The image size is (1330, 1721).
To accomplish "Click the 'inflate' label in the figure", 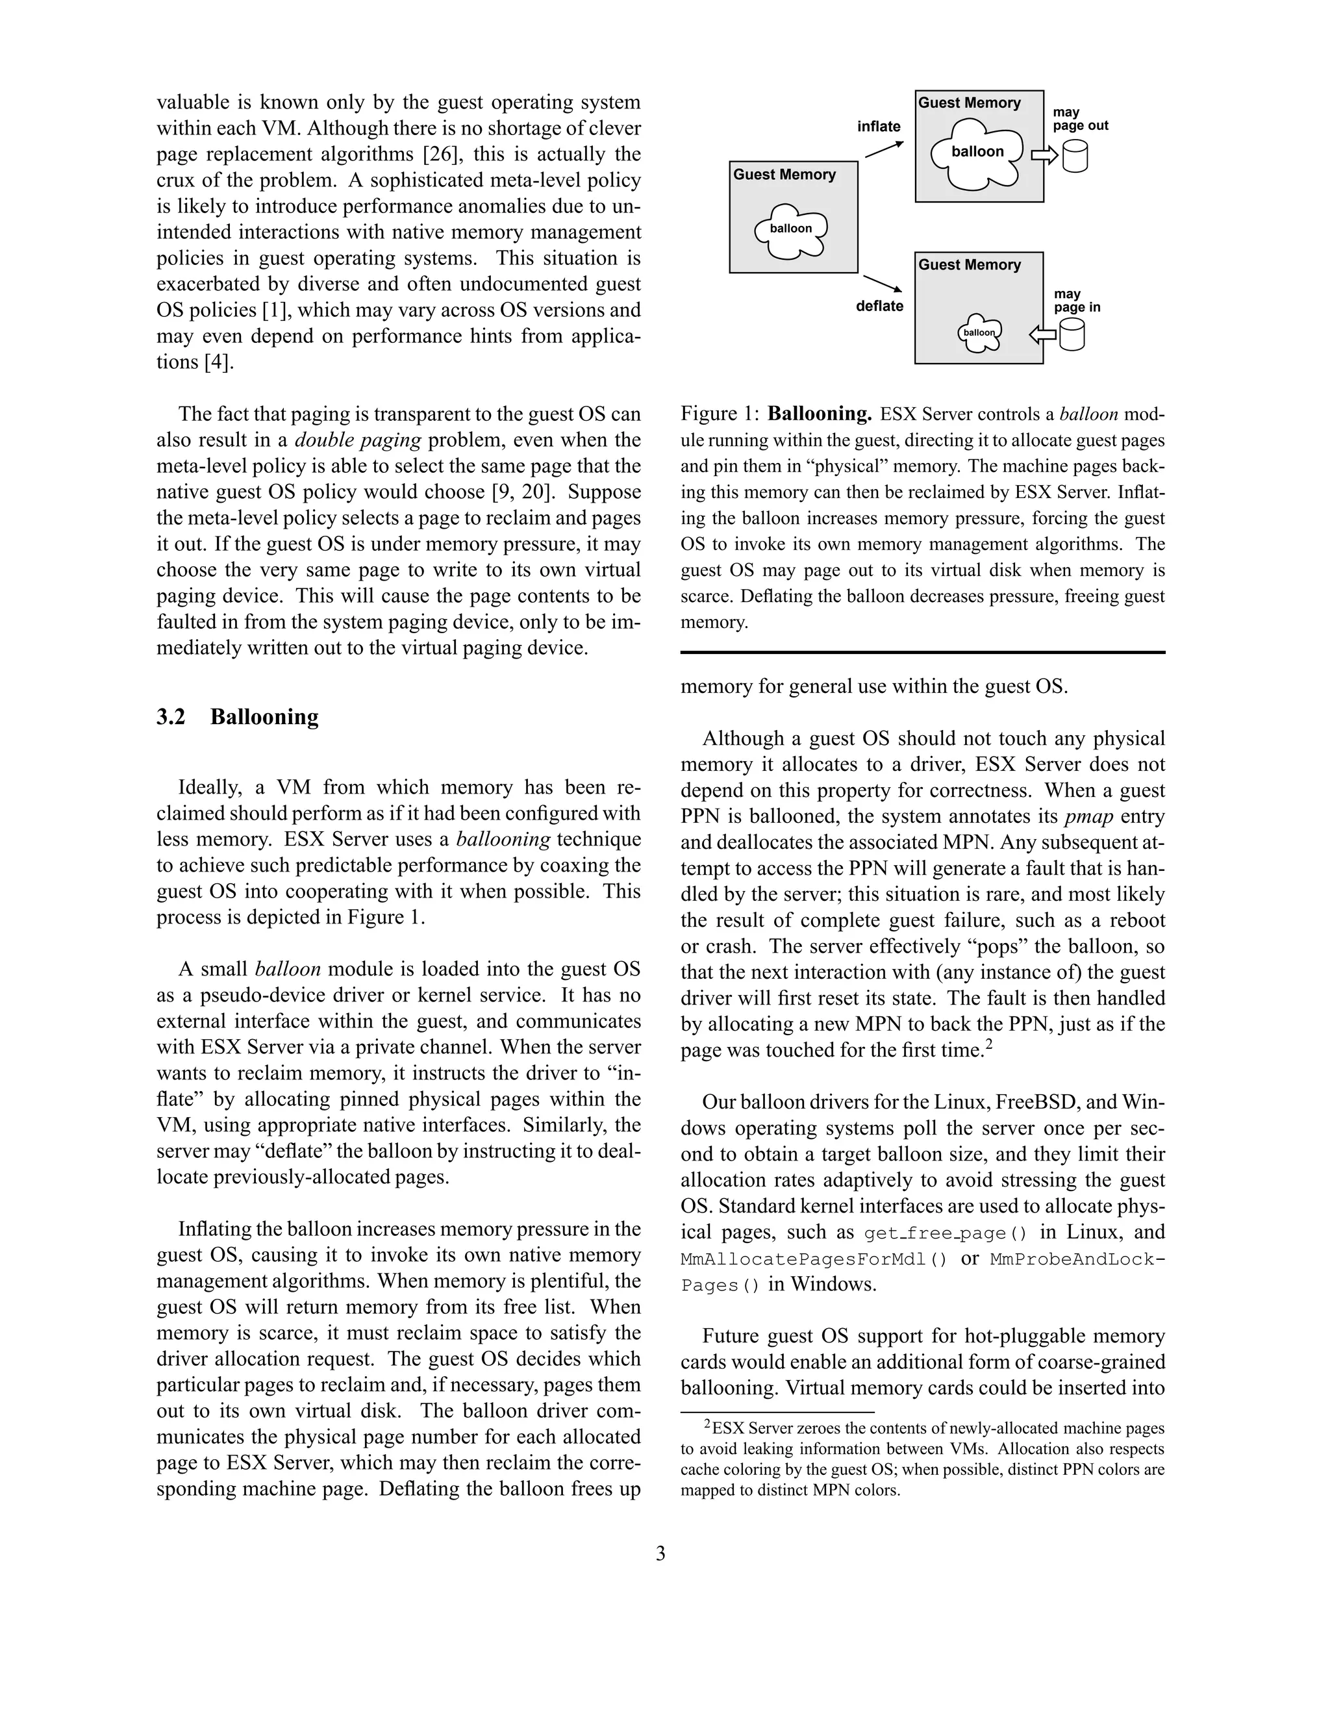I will (879, 126).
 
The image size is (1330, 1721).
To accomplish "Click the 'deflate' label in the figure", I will (879, 306).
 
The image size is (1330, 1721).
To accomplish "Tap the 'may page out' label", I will (1079, 119).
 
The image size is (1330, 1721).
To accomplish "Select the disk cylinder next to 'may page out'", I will (1075, 156).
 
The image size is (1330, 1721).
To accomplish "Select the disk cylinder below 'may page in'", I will (1072, 336).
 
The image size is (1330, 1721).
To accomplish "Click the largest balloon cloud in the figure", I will (977, 153).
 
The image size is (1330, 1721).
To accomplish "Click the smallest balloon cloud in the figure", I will (979, 332).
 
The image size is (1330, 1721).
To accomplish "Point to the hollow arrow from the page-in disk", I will (1042, 335).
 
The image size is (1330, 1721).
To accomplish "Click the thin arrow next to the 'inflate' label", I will (884, 149).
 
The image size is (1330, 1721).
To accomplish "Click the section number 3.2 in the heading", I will (171, 717).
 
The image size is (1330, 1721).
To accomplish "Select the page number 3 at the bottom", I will (660, 1553).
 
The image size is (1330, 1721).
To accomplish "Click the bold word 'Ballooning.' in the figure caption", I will (820, 414).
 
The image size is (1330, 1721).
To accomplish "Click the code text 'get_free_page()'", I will (946, 1233).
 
